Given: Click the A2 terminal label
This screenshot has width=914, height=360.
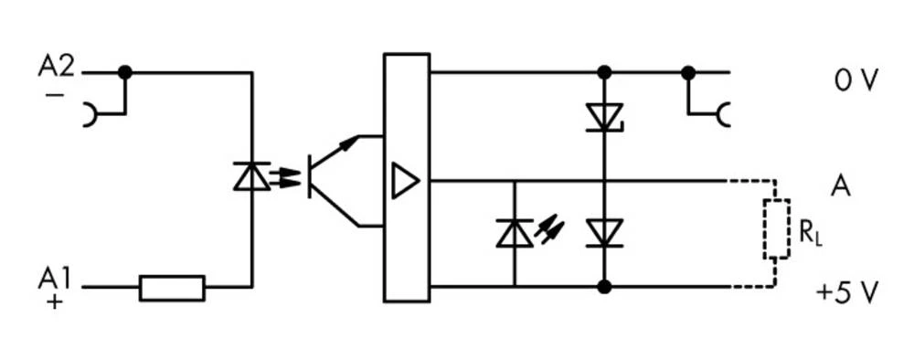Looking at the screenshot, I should point(57,66).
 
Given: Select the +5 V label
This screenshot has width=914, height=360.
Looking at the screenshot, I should point(847,293).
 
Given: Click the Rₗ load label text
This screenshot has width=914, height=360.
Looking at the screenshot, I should point(810,232).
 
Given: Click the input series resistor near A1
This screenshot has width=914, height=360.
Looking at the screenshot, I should point(172,287).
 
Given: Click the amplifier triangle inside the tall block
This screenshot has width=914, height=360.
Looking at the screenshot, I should point(403,180).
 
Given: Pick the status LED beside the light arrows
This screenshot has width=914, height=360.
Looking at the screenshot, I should point(514,234).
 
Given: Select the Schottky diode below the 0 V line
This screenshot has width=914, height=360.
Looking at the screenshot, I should point(603,117).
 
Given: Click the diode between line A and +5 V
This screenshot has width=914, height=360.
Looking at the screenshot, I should point(603,232).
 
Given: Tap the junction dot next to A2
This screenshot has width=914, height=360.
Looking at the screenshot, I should point(125,72).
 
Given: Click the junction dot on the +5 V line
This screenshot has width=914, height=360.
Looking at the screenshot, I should point(603,287).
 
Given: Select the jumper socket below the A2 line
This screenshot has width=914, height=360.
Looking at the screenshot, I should point(91,115).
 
